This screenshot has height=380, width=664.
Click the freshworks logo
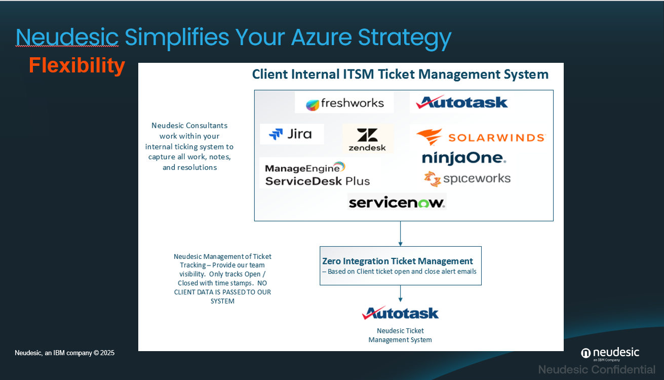pyautogui.click(x=345, y=103)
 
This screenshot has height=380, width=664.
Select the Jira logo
pyautogui.click(x=290, y=134)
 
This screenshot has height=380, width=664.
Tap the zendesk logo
pyautogui.click(x=367, y=139)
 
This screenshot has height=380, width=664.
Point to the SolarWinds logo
pyautogui.click(x=481, y=137)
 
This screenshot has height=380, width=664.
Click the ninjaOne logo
pyautogui.click(x=464, y=158)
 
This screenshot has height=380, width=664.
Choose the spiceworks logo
pyautogui.click(x=467, y=179)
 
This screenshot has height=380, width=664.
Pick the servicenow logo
pyautogui.click(x=397, y=203)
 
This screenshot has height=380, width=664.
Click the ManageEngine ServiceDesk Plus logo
pyautogui.click(x=318, y=174)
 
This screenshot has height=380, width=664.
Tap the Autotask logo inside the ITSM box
pyautogui.click(x=462, y=102)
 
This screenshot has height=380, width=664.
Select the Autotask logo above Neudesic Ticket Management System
pyautogui.click(x=400, y=313)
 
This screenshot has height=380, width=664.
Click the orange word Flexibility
pyautogui.click(x=77, y=65)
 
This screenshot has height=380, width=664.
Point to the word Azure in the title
pyautogui.click(x=321, y=37)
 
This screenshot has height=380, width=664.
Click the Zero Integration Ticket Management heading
pyautogui.click(x=398, y=261)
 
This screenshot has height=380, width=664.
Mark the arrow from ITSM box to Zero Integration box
pyautogui.click(x=401, y=234)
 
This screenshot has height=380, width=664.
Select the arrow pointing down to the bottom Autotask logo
pyautogui.click(x=401, y=294)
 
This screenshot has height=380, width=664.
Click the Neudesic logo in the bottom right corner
pyautogui.click(x=610, y=354)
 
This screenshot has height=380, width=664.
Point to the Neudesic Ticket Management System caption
pyautogui.click(x=400, y=335)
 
